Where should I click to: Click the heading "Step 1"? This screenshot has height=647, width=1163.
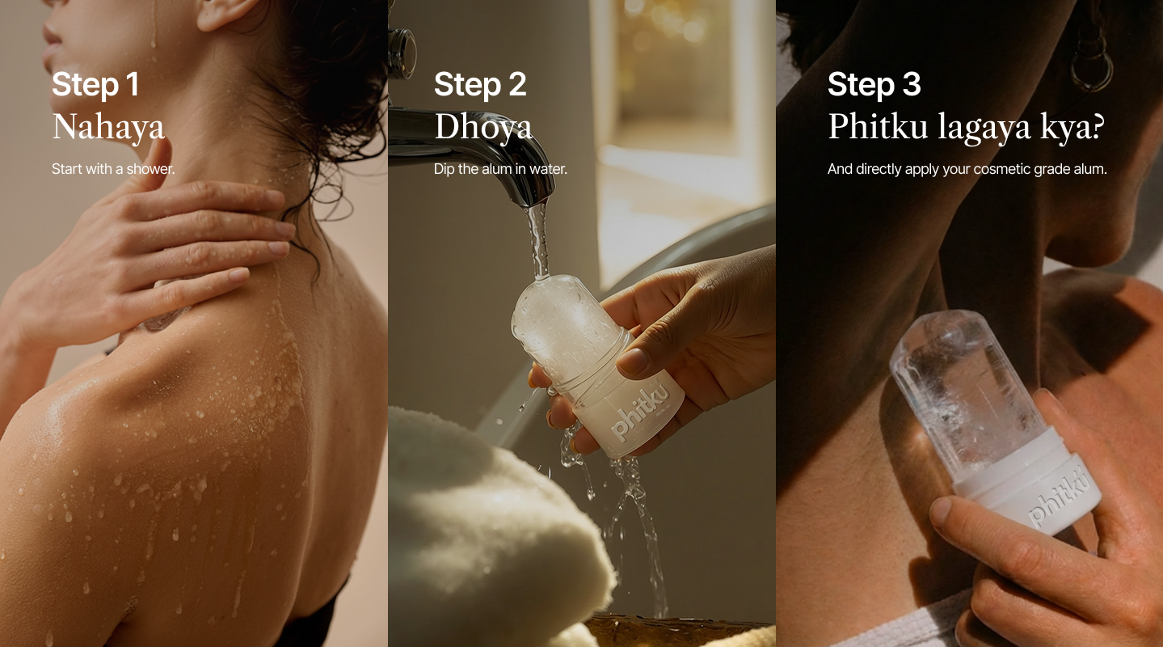tap(95, 85)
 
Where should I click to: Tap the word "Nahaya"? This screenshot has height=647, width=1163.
tap(108, 127)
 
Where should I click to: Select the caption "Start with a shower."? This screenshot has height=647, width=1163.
tap(113, 169)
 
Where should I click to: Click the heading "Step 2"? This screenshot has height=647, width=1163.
tap(480, 85)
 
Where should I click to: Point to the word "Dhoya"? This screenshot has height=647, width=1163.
tap(483, 127)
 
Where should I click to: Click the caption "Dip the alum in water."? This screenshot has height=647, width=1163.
tap(500, 169)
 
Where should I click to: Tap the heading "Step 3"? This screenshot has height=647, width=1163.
tap(874, 85)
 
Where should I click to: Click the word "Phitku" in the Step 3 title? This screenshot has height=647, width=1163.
tap(878, 126)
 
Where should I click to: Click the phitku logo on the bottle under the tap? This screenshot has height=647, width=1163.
tap(640, 414)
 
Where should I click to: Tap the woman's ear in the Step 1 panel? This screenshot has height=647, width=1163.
tap(225, 13)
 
